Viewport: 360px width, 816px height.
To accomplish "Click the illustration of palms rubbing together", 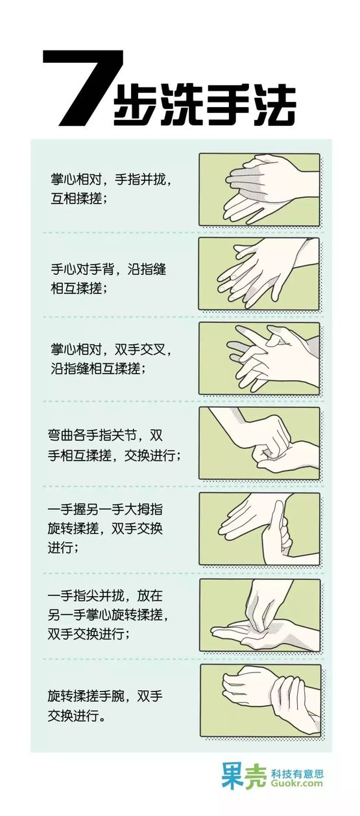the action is click(259, 190).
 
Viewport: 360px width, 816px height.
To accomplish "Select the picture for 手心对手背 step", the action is click(259, 274).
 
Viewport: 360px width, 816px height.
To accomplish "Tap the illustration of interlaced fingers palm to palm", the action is click(259, 359).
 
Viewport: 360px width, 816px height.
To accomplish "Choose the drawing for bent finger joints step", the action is click(259, 443).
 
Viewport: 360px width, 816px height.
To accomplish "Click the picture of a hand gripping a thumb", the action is click(259, 529).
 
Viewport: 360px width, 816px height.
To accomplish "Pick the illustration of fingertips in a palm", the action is click(259, 616).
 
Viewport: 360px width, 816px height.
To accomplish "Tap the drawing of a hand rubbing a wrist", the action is click(261, 701).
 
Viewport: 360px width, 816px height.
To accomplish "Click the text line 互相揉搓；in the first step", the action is click(78, 199).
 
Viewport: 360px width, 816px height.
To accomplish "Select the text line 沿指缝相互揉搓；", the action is click(98, 369).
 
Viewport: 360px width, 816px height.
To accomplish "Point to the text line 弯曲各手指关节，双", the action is click(105, 436).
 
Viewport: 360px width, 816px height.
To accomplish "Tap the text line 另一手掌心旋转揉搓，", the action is click(108, 616).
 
